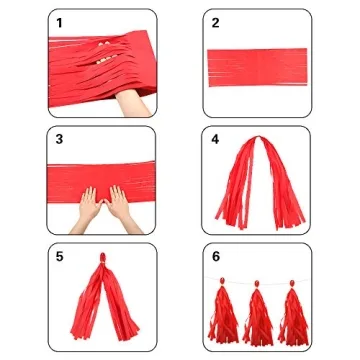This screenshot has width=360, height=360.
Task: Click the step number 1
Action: click(59, 23)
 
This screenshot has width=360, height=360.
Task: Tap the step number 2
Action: click(215, 23)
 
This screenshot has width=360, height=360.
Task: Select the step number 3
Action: click(59, 139)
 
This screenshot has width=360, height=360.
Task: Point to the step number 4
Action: click(215, 139)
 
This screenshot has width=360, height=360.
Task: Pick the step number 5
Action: click(59, 257)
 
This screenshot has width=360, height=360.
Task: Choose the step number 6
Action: click(216, 257)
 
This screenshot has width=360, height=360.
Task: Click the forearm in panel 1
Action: click(132, 103)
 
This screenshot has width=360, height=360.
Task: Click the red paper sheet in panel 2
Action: click(257, 67)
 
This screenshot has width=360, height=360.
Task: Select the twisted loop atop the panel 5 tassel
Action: click(103, 258)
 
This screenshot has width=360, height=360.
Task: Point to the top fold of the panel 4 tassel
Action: click(258, 138)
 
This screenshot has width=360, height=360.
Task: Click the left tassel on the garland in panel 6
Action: click(223, 314)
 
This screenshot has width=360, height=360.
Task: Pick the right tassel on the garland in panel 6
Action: click(293, 314)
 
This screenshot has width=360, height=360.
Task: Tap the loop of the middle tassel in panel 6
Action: click(257, 284)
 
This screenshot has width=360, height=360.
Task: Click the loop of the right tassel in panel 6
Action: click(292, 283)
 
